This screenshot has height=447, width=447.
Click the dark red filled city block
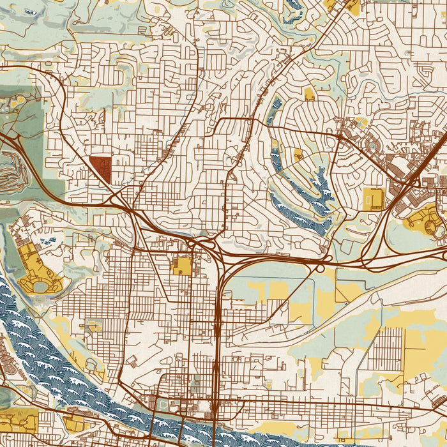pyautogui.click(x=100, y=170)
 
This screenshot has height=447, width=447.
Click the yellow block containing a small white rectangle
pyautogui.click(x=372, y=199)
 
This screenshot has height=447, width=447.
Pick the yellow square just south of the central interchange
pyautogui.click(x=182, y=266)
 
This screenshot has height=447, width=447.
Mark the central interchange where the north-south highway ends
pyautogui.click(x=203, y=245)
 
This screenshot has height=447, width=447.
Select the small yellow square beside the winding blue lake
pyautogui.click(x=298, y=154)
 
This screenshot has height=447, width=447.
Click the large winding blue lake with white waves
pyautogui.click(x=300, y=192)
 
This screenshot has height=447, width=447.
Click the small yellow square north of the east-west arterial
pyautogui.click(x=310, y=95)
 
